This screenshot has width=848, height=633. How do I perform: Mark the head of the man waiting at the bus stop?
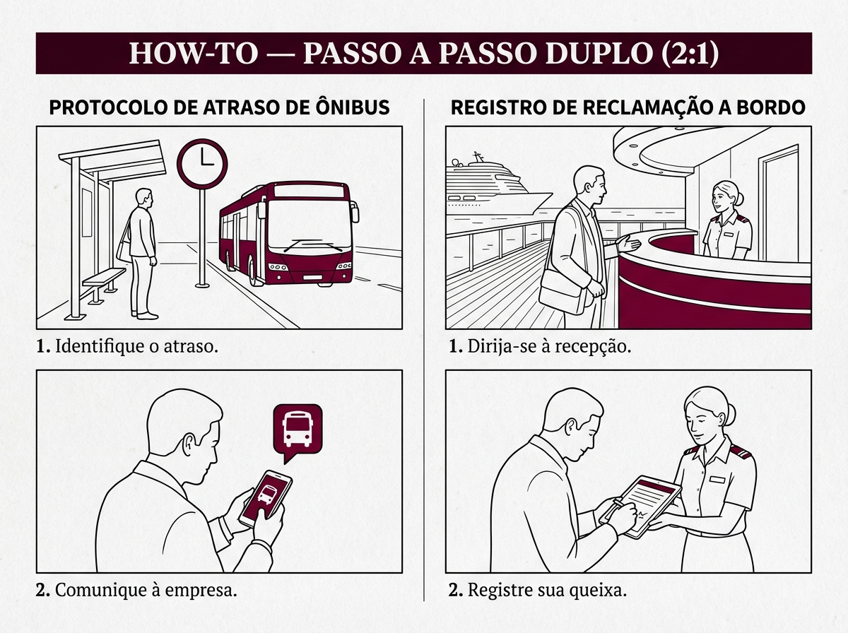click(x=144, y=198)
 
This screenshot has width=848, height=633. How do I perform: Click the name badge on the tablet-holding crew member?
click(x=717, y=479)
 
